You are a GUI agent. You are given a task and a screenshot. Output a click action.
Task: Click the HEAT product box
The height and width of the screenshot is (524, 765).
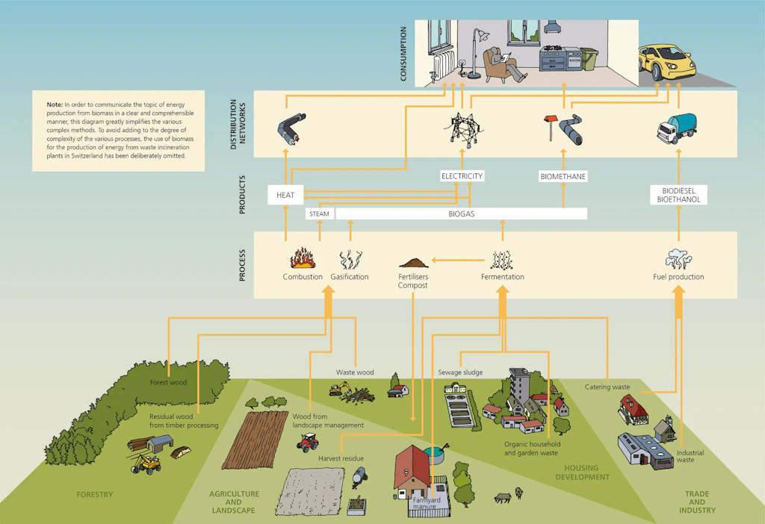pyautogui.click(x=285, y=195)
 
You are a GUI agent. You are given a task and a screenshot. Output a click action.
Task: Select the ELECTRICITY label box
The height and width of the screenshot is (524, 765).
pyautogui.click(x=462, y=176)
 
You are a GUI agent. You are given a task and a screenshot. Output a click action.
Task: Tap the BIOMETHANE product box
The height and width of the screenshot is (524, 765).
pyautogui.click(x=563, y=176)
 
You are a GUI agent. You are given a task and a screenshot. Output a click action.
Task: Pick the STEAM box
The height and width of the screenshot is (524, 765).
pyautogui.click(x=320, y=214)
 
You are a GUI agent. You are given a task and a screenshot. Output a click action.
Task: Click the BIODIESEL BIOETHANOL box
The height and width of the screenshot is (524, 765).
pyautogui.click(x=678, y=195)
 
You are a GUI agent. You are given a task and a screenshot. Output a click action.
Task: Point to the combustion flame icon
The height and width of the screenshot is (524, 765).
pyautogui.click(x=303, y=258)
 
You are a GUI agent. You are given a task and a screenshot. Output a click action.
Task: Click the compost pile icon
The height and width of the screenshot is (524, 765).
pyautogui.click(x=413, y=263)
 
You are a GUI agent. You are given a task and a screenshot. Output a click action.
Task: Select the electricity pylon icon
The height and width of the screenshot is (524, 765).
pyautogui.click(x=463, y=130)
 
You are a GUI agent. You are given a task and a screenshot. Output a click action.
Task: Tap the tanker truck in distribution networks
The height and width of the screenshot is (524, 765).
pyautogui.click(x=676, y=128)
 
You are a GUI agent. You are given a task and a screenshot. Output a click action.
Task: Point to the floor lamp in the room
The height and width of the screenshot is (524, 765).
pyautogui.click(x=477, y=53)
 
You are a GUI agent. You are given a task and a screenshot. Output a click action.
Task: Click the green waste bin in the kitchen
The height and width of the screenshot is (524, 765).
pyautogui.click(x=590, y=59)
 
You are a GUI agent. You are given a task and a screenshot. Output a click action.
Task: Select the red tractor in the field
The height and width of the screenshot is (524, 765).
pyautogui.click(x=308, y=443)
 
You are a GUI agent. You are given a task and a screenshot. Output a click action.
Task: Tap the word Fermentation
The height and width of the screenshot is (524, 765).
pyautogui.click(x=503, y=277)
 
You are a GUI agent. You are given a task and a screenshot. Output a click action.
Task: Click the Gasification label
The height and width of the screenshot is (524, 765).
pyautogui.click(x=350, y=277)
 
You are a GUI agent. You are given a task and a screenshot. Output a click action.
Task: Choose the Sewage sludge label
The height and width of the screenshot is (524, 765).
pyautogui.click(x=460, y=372)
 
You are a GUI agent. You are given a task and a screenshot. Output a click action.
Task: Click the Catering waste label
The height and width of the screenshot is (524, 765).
pyautogui.click(x=607, y=387)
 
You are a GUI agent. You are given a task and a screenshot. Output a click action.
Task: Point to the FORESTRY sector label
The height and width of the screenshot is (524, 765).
pyautogui.click(x=95, y=495)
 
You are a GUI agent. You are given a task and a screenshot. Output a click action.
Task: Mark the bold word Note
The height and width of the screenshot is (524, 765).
pyautogui.click(x=55, y=105)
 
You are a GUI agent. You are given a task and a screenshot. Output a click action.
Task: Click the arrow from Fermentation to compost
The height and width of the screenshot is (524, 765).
pyautogui.click(x=458, y=261)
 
